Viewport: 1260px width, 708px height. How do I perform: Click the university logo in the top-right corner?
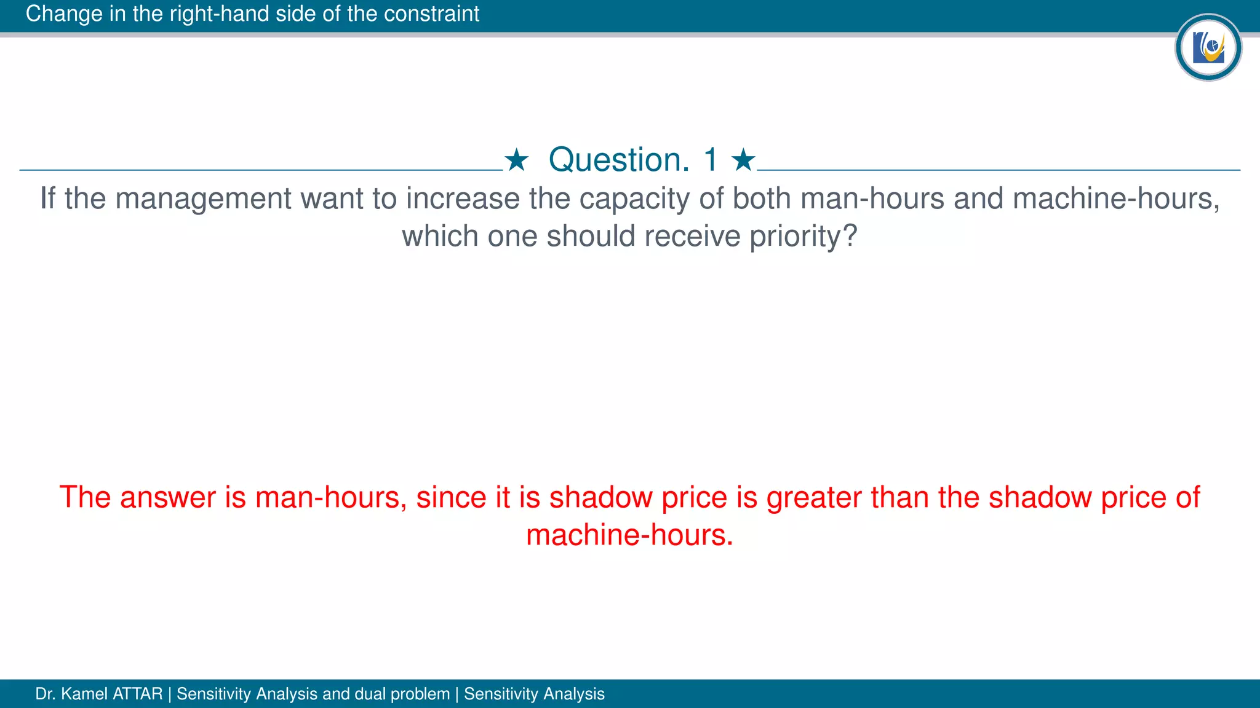coord(1208,47)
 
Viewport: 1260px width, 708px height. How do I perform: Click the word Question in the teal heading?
coord(619,160)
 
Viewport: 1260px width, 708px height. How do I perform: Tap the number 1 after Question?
coord(711,160)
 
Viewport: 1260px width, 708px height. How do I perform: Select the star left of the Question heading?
coord(516,160)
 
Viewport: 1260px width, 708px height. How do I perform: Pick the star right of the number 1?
coord(743,160)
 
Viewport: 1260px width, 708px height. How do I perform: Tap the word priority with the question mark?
coord(803,237)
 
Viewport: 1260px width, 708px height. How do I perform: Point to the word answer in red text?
coord(168,497)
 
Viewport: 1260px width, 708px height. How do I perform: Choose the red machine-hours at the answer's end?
coord(629,535)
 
